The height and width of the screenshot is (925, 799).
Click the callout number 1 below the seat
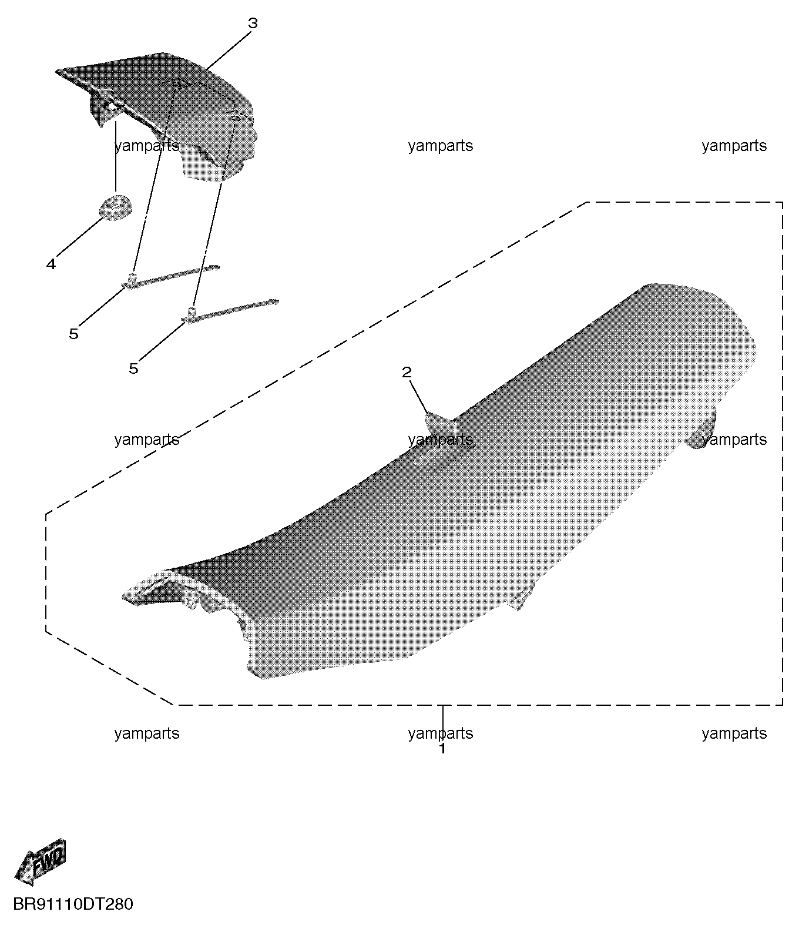coord(442,749)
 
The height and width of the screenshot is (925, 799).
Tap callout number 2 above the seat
coord(407,372)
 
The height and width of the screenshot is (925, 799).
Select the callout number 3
coord(253,24)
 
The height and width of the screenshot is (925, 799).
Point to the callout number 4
coord(51,264)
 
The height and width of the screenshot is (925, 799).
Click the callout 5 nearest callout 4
coord(74,333)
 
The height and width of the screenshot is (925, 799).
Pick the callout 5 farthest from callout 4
coord(134,368)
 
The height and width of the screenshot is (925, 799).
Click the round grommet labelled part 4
coord(116,207)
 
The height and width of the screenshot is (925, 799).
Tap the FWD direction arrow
coord(41,862)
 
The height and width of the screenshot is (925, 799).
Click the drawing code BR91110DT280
coord(73,904)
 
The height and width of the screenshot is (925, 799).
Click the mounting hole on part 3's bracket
coord(111,106)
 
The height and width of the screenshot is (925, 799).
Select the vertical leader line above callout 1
coord(443,724)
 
